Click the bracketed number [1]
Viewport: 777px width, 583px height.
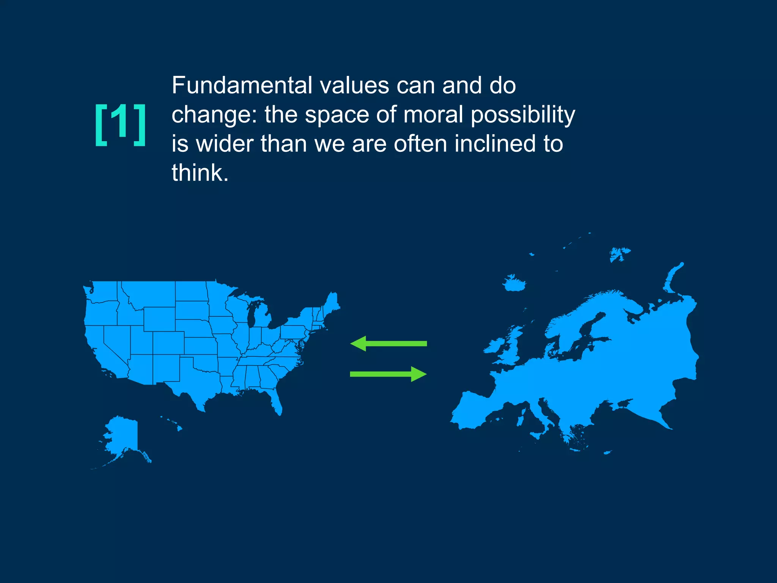[120, 124]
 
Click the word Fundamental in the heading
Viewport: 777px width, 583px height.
[242, 85]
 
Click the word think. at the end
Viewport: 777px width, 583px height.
[200, 173]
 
